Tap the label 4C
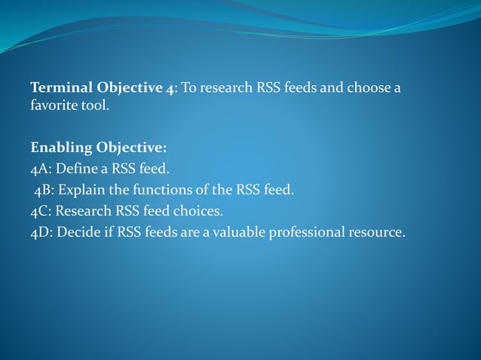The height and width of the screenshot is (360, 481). pos(39,211)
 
